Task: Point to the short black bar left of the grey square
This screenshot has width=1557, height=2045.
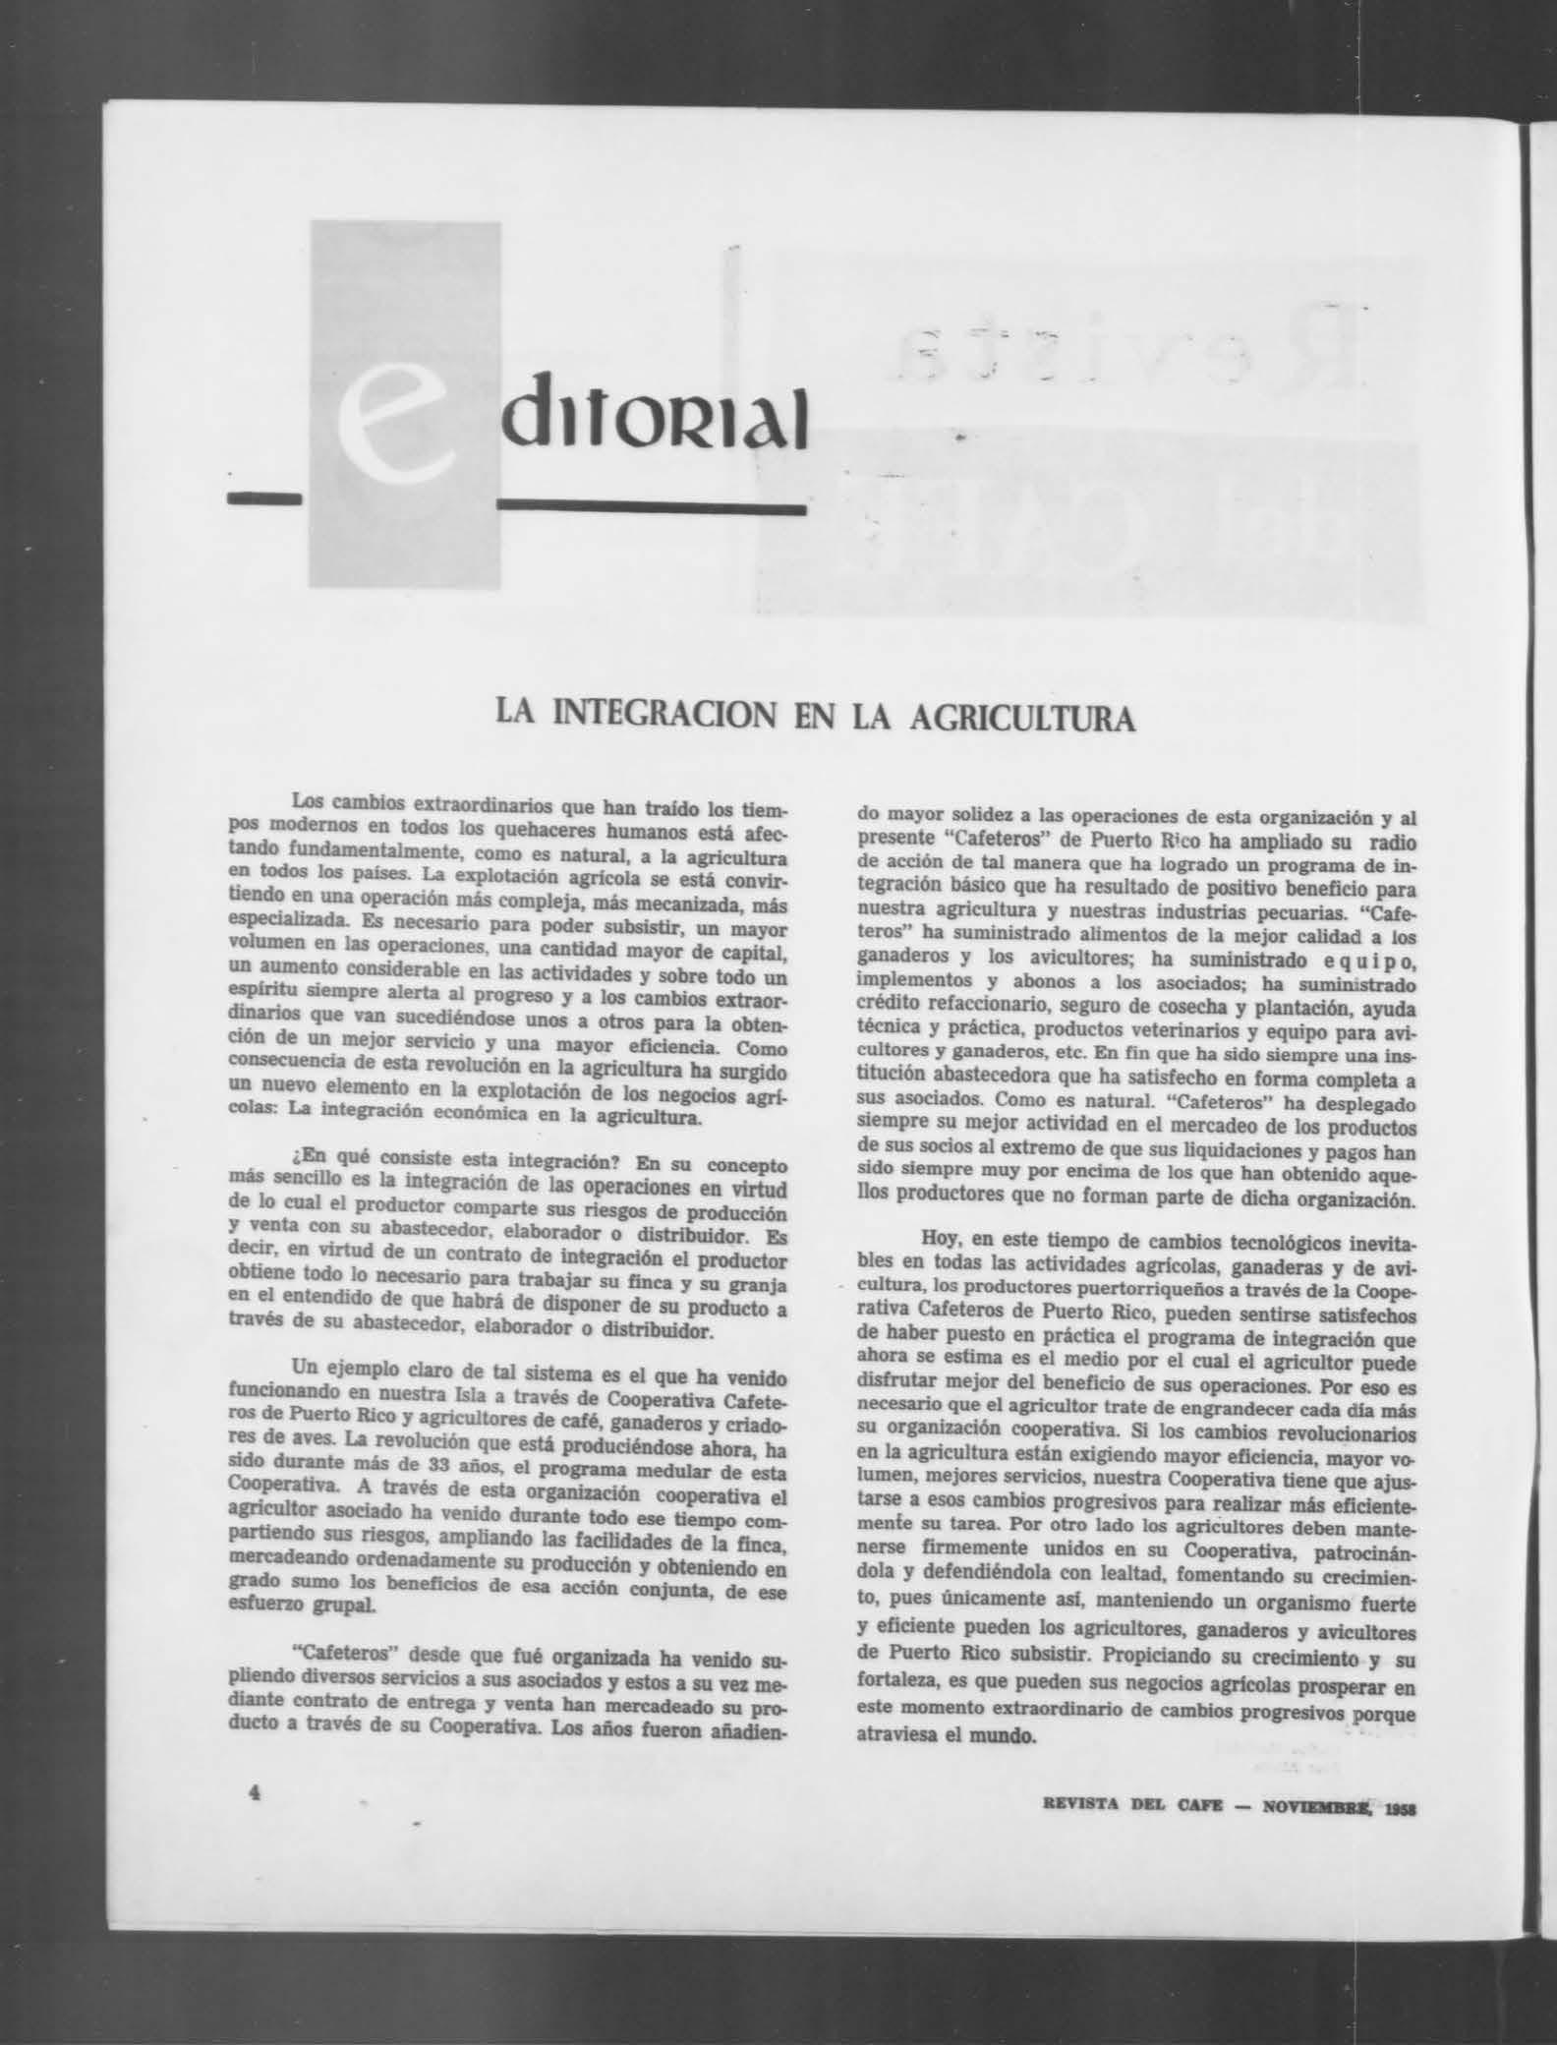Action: pyautogui.click(x=263, y=499)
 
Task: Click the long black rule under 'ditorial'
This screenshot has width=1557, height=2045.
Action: pyautogui.click(x=652, y=508)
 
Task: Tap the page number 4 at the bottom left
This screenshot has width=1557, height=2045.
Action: pyautogui.click(x=255, y=1791)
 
